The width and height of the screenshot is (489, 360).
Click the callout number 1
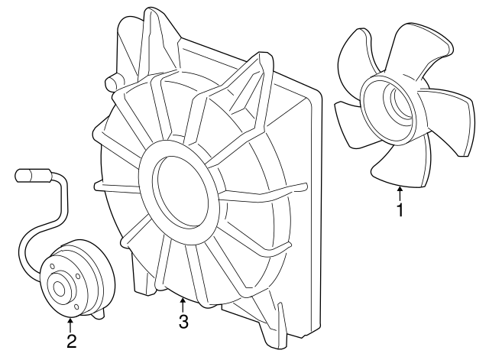(399, 209)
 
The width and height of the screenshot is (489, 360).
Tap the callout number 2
(70, 340)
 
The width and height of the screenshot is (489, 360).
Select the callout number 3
(183, 321)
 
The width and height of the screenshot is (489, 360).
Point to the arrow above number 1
(399, 190)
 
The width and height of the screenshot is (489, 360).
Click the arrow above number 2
(70, 323)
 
